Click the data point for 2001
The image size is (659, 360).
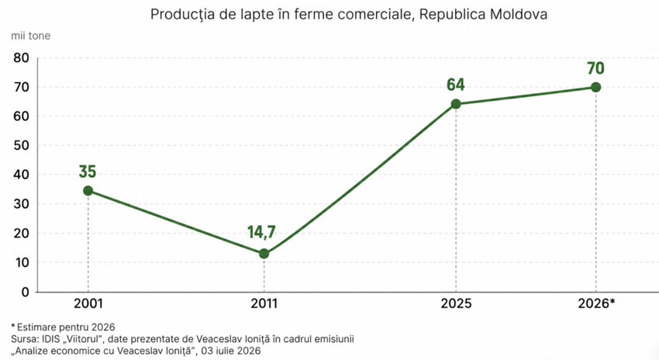(88, 191)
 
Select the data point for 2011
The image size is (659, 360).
(264, 254)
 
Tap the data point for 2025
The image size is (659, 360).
(456, 104)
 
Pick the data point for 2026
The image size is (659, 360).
(595, 87)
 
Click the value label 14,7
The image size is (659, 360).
(261, 232)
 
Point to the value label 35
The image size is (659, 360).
(88, 171)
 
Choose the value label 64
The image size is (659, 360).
(456, 85)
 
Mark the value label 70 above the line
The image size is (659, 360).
(595, 67)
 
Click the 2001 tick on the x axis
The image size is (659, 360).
(88, 303)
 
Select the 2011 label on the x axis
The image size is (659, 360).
(264, 303)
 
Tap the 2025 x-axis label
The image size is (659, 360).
(456, 303)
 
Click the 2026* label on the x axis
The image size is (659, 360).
(596, 303)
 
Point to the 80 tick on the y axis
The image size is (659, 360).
(21, 58)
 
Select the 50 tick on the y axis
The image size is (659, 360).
(21, 146)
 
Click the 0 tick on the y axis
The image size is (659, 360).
(26, 292)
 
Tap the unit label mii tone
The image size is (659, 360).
(31, 36)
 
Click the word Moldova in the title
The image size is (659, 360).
(519, 14)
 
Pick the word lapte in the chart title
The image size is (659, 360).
(266, 15)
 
